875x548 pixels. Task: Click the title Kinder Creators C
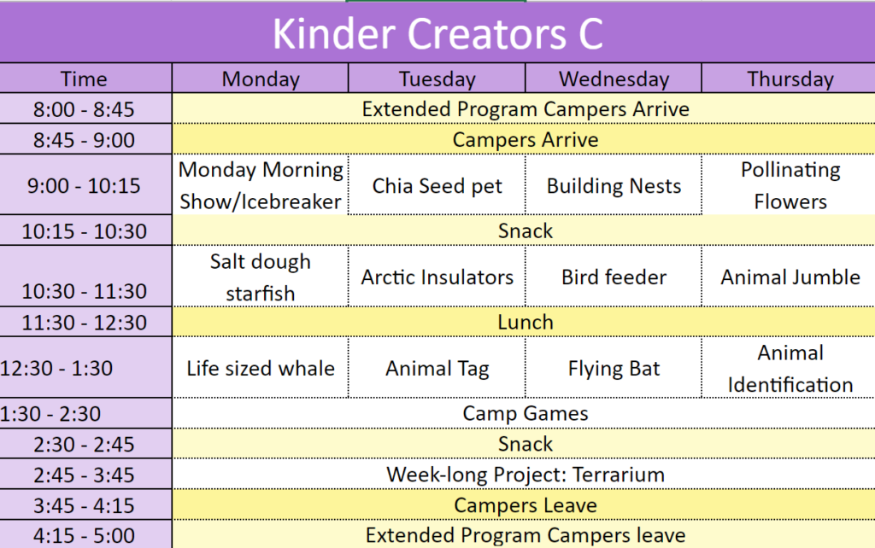pos(437,33)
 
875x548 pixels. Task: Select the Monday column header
pos(261,79)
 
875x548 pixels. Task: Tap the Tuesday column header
pos(437,79)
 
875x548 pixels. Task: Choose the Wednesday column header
pos(614,79)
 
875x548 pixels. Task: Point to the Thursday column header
pos(790,79)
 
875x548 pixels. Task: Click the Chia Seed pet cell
pos(437,185)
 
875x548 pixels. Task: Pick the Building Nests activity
pos(614,185)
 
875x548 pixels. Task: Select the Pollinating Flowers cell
pos(790,185)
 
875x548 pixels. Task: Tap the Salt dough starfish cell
pos(260,277)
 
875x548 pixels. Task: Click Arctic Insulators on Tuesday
pos(437,277)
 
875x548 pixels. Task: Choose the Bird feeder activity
pos(614,277)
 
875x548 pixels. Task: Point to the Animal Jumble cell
pos(790,277)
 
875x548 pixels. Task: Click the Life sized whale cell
pos(261,369)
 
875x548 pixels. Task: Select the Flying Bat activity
pos(614,369)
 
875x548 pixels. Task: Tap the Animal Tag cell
pos(437,369)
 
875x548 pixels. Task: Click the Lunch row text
pos(526,322)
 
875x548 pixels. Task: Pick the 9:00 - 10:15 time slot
pos(84,185)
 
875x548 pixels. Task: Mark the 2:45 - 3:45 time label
pos(84,475)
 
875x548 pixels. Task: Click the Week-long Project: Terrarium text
pos(526,475)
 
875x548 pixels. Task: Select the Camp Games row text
pos(526,414)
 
